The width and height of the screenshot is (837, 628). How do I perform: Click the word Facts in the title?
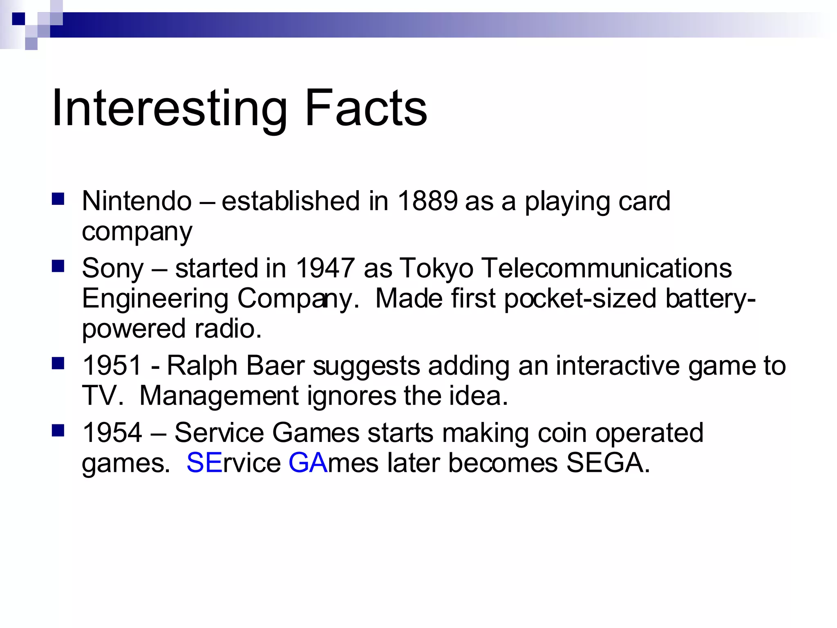(x=366, y=108)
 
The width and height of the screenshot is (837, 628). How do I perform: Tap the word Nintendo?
(x=137, y=201)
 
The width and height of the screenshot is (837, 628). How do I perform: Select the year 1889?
(x=427, y=201)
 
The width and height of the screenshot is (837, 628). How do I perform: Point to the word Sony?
(x=113, y=269)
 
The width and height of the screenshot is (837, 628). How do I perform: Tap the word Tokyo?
(x=436, y=269)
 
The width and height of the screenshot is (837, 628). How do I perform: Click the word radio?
(x=228, y=328)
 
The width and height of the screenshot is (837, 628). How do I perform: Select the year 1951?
(x=112, y=366)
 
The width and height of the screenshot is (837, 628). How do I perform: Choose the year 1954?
(x=112, y=433)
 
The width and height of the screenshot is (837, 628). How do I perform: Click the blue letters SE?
(x=204, y=463)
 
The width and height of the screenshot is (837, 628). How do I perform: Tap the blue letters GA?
(x=308, y=463)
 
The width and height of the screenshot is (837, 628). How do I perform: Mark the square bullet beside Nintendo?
(x=58, y=199)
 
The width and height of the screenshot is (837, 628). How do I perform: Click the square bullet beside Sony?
(x=58, y=267)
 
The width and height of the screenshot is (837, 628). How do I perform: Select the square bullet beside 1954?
(x=58, y=431)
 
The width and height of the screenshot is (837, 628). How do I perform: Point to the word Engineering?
(x=155, y=299)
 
